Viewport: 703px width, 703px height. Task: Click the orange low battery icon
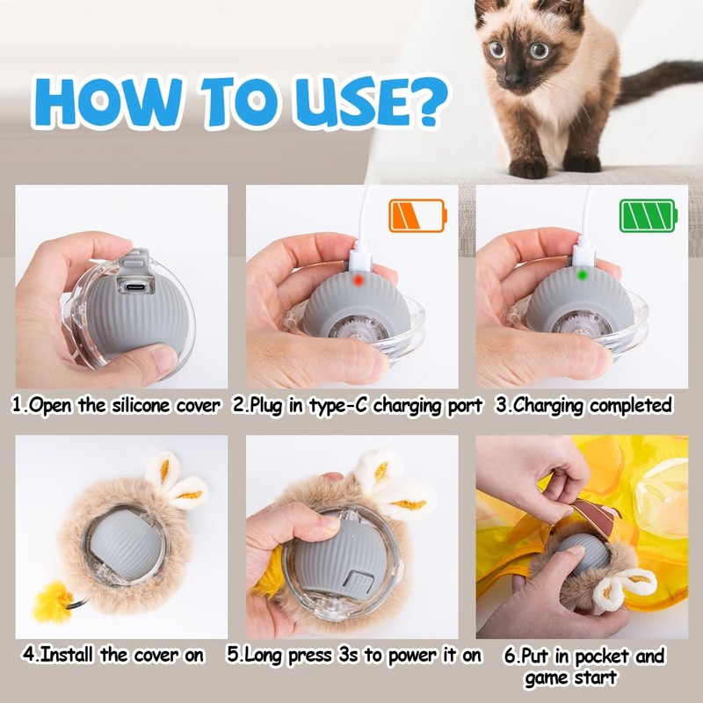coord(417,215)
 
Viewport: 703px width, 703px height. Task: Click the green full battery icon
coord(648,215)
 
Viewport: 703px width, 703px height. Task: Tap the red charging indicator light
coord(358,280)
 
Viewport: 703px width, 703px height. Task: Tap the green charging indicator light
coord(583,275)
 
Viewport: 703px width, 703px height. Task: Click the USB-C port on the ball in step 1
coord(135,286)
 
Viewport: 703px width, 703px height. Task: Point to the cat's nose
coord(513,79)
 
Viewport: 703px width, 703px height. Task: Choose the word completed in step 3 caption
coord(631,406)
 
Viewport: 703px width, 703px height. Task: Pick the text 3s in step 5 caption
coord(348,655)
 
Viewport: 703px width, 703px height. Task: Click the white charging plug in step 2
coord(360,256)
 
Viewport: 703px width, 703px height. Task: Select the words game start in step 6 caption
coord(571,678)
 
